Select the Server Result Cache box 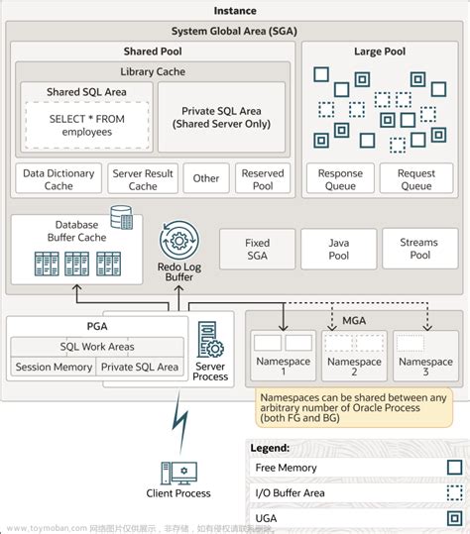(143, 179)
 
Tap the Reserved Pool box (263, 179)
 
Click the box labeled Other (206, 179)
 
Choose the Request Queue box (416, 179)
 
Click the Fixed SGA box (257, 249)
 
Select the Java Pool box (338, 249)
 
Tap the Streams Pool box (418, 249)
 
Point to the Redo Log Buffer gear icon (178, 240)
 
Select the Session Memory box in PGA (53, 367)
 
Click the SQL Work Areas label (96, 347)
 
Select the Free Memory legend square (453, 466)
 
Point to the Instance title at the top (235, 11)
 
